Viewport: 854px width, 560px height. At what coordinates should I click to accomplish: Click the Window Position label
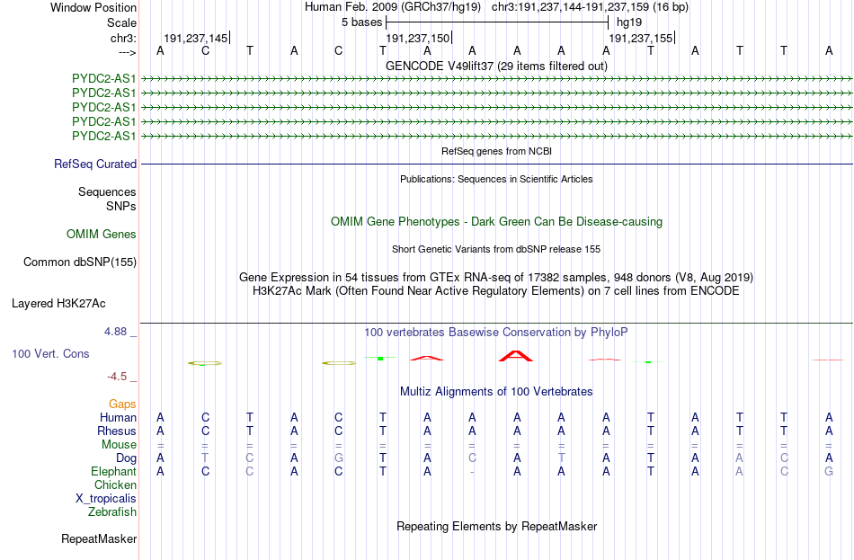pyautogui.click(x=93, y=7)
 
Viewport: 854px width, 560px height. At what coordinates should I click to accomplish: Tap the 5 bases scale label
pyautogui.click(x=361, y=22)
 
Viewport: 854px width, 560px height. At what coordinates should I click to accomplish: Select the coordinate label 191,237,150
pyautogui.click(x=418, y=38)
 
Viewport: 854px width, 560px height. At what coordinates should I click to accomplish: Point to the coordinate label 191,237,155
pyautogui.click(x=640, y=38)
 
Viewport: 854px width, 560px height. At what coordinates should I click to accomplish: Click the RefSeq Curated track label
pyautogui.click(x=95, y=164)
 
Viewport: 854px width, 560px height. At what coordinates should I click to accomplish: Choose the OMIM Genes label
pyautogui.click(x=102, y=235)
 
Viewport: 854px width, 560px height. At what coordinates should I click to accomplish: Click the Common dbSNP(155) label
pyautogui.click(x=80, y=262)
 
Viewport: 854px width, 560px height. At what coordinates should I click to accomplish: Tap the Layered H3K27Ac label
pyautogui.click(x=58, y=304)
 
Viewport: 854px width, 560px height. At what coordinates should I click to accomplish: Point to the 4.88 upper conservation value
pyautogui.click(x=115, y=332)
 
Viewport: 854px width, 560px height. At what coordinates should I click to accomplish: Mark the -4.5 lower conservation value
pyautogui.click(x=117, y=377)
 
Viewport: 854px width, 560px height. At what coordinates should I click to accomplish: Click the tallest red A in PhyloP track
pyautogui.click(x=516, y=356)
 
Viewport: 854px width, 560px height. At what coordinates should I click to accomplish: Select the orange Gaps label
pyautogui.click(x=122, y=404)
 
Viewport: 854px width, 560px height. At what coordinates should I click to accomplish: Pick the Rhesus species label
pyautogui.click(x=117, y=431)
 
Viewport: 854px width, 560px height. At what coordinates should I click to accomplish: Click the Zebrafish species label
pyautogui.click(x=112, y=512)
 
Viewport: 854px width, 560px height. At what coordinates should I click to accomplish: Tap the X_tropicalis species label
pyautogui.click(x=106, y=499)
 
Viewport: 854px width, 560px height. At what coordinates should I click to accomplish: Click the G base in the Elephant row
pyautogui.click(x=829, y=471)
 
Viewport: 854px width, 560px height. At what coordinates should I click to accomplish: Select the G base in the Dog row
pyautogui.click(x=338, y=458)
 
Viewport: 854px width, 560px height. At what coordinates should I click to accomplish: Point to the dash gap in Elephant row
pyautogui.click(x=472, y=472)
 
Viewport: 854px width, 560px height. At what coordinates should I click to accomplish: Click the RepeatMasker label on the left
pyautogui.click(x=99, y=538)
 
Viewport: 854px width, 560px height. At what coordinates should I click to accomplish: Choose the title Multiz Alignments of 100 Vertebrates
pyautogui.click(x=496, y=391)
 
